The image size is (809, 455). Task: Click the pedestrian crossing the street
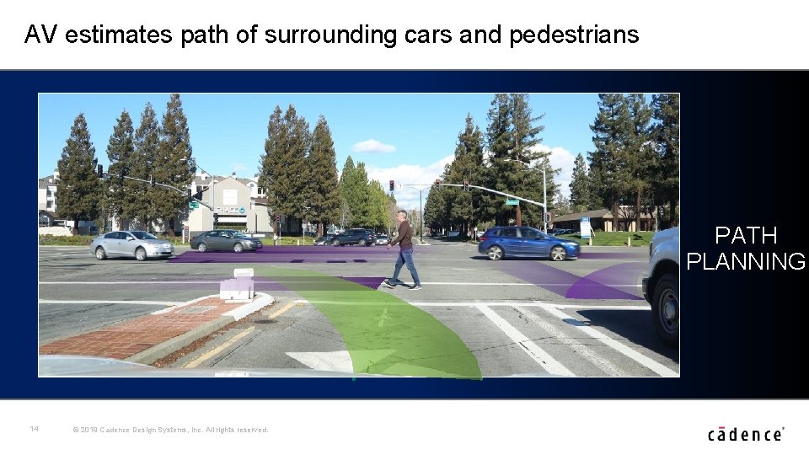pyautogui.click(x=404, y=250)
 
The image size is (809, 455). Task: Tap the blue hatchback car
pyautogui.click(x=528, y=243)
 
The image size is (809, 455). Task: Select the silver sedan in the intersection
pyautogui.click(x=131, y=244)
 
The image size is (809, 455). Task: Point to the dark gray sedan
pyautogui.click(x=226, y=241)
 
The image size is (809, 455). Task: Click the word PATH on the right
pyautogui.click(x=746, y=235)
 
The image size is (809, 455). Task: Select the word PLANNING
pyautogui.click(x=746, y=262)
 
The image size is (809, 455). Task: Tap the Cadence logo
pyautogui.click(x=746, y=434)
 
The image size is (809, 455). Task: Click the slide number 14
pyautogui.click(x=34, y=429)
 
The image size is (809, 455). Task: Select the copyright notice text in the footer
pyautogui.click(x=171, y=430)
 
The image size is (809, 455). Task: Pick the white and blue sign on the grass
pyautogui.click(x=585, y=227)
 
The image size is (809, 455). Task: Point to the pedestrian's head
pyautogui.click(x=402, y=215)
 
